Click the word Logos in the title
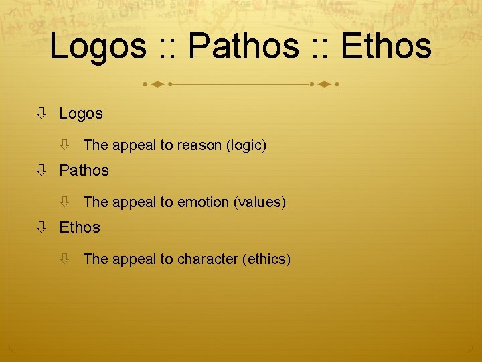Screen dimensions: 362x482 pos(98,46)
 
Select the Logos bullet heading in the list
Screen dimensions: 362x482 pos(81,114)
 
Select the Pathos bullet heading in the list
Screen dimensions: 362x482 pos(84,171)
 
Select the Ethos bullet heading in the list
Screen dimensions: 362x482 pos(80,228)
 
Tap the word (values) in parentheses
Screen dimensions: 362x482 pos(260,202)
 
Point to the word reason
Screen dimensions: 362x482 pos(201,145)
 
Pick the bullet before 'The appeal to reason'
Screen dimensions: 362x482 pos(65,145)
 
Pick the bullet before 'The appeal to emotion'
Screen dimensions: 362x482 pos(65,202)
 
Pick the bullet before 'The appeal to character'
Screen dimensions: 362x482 pos(65,259)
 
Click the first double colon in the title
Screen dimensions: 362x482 pos(167,48)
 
